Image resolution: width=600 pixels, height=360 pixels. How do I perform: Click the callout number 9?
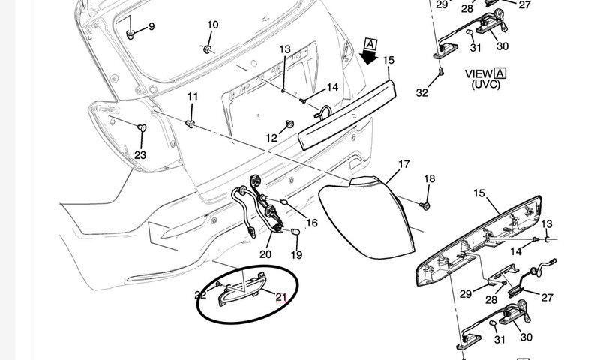click(151, 27)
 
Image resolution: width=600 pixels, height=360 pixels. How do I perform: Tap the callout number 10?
click(212, 25)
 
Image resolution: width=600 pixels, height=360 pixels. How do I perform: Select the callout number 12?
click(271, 138)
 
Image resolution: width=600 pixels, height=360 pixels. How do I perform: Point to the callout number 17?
click(404, 163)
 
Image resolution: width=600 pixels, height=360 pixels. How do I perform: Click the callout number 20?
click(265, 254)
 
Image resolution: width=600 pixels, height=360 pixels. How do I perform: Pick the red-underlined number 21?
click(281, 298)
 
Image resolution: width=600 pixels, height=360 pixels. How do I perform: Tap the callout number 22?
click(200, 295)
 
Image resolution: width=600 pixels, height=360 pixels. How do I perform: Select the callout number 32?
click(421, 93)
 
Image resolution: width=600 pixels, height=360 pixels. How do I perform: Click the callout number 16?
click(312, 223)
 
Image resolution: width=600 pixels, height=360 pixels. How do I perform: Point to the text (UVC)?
click(487, 85)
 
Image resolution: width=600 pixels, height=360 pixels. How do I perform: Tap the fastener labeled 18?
click(426, 204)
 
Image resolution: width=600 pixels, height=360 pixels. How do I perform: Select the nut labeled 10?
click(208, 49)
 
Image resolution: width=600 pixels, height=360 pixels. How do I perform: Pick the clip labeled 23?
click(142, 129)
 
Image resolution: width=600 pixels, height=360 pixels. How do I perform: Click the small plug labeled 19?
click(295, 232)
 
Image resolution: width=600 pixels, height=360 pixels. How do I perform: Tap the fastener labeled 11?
click(190, 123)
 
